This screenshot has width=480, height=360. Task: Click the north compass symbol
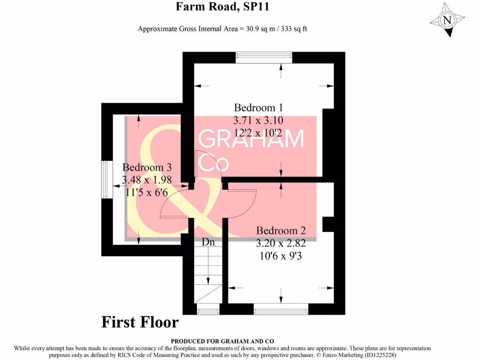447,20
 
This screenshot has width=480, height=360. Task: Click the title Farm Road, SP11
222,7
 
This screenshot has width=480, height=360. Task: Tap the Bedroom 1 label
259,107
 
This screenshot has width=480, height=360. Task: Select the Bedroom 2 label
281,231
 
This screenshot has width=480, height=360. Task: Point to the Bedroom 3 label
147,167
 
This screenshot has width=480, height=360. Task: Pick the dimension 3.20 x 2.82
281,244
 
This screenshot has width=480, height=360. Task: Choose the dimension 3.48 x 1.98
147,180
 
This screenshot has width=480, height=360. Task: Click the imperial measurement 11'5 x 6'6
147,192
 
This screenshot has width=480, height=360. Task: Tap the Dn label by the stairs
208,242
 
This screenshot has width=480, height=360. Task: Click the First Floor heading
140,322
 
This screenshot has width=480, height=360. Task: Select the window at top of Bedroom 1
264,58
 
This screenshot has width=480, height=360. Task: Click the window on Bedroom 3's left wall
105,180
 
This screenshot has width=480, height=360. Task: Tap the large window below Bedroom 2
281,309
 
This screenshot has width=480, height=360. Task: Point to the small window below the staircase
208,309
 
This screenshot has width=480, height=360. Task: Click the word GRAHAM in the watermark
252,139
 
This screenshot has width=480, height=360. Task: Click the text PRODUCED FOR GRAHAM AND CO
222,341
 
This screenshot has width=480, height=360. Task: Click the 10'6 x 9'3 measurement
281,256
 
